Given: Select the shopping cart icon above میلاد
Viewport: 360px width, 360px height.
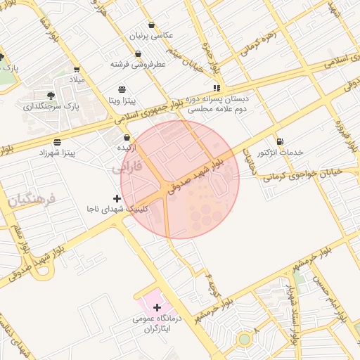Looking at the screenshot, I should pos(77,70).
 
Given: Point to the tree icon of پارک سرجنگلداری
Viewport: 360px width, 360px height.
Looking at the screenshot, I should pos(51,96).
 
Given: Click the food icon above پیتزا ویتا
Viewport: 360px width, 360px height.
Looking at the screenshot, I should pos(123,89).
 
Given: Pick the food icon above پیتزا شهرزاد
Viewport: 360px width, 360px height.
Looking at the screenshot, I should pos(56,143).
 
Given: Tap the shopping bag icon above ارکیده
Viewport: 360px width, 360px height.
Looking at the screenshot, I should pos(127,138).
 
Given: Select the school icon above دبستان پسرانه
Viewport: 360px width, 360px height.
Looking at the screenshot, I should pos(217,88).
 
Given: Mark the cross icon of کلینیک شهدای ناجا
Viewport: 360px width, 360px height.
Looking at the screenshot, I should pos(117,199).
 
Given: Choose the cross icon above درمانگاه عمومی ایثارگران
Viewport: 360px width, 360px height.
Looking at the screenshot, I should pos(157,307).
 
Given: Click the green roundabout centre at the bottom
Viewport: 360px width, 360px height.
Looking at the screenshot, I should pos(244,339).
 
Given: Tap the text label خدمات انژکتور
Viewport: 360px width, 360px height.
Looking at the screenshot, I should pos(281,152).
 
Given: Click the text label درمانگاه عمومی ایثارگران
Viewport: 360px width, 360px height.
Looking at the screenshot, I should pos(157,323).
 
